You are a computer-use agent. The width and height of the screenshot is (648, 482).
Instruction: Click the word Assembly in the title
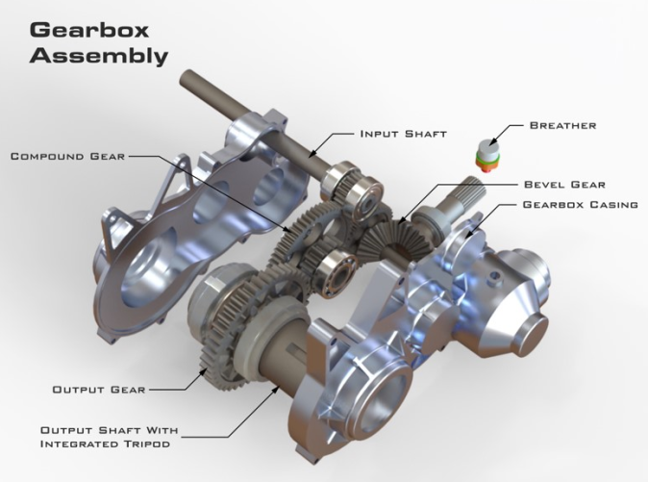coord(98,56)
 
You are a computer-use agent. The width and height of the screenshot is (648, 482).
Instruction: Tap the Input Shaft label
coord(403,134)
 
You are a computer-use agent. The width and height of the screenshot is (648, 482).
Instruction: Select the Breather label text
coord(562,125)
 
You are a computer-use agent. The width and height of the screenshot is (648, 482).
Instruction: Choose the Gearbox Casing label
coord(580,204)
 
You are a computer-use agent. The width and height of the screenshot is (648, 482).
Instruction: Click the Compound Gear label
coord(66,155)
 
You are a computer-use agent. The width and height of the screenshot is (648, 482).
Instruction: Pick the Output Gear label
coord(98,390)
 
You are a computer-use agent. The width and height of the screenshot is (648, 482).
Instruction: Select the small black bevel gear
coord(396,234)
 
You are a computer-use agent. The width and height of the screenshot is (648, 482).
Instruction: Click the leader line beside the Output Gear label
coord(178,389)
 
